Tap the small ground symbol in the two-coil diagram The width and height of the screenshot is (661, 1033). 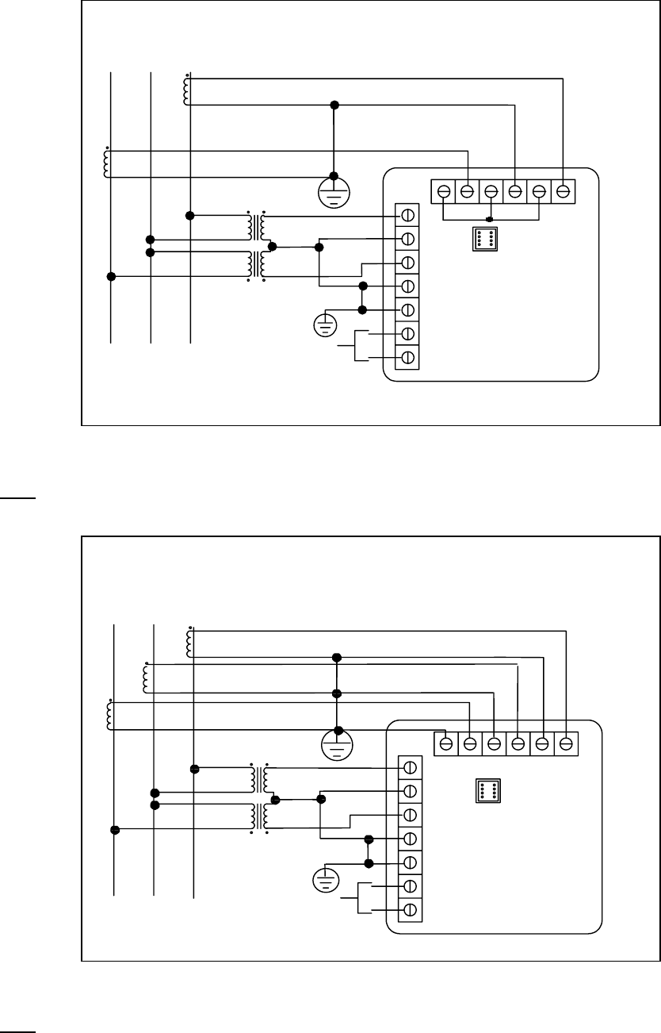pyautogui.click(x=325, y=324)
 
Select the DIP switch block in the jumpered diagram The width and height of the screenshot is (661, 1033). pyautogui.click(x=485, y=238)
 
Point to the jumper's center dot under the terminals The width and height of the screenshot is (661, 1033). pyautogui.click(x=490, y=219)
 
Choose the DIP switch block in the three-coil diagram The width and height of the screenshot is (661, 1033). pyautogui.click(x=487, y=790)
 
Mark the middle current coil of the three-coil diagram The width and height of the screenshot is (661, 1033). pyautogui.click(x=146, y=677)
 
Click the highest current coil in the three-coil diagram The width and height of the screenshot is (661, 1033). pyautogui.click(x=189, y=643)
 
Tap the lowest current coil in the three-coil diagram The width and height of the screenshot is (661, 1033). pyautogui.click(x=109, y=715)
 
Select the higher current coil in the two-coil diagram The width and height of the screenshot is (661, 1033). pyautogui.click(x=186, y=90)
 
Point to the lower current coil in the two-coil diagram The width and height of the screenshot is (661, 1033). pyautogui.click(x=106, y=163)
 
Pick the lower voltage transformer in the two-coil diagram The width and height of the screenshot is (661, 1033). pyautogui.click(x=257, y=265)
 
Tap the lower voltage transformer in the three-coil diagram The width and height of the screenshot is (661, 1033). pyautogui.click(x=259, y=817)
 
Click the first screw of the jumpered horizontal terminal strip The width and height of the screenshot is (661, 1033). pyautogui.click(x=444, y=191)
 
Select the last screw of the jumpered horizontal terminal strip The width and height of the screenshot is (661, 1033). pyautogui.click(x=563, y=191)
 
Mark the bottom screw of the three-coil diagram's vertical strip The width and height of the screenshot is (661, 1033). pyautogui.click(x=411, y=909)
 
